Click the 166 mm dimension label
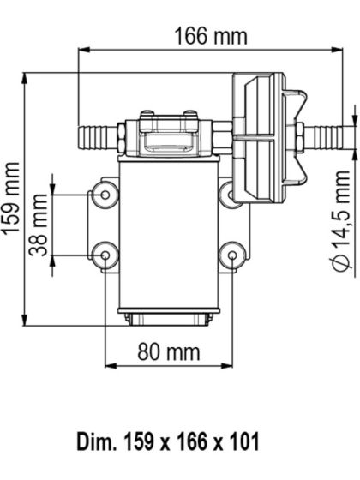click(x=210, y=36)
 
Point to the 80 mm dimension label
click(x=167, y=351)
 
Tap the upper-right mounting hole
click(x=230, y=195)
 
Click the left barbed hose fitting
click(x=97, y=135)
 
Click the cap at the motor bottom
click(x=167, y=320)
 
